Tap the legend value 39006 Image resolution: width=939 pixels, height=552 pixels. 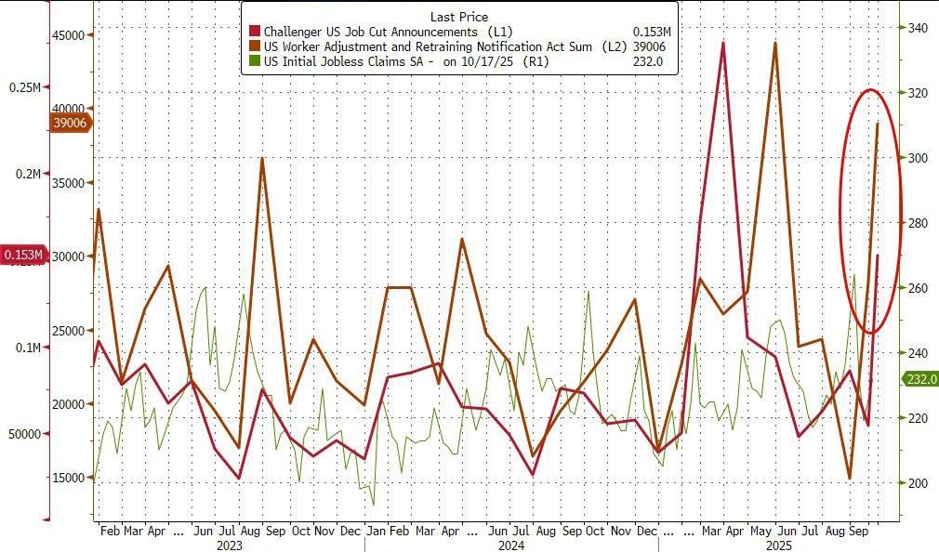646,46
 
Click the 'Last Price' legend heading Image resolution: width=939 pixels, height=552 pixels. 459,17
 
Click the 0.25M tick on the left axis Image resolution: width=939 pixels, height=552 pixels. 25,87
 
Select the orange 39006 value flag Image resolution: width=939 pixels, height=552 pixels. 70,123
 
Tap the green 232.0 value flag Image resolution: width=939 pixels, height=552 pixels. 920,379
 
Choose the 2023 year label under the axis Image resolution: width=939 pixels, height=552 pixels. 229,545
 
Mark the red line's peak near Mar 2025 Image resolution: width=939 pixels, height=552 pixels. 723,43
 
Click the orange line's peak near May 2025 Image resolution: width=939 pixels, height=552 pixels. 775,43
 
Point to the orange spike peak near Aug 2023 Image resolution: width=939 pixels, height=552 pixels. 262,158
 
